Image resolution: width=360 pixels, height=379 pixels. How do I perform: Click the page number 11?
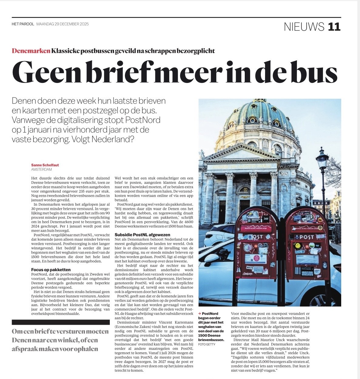point(334,27)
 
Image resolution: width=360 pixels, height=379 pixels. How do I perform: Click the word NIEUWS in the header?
point(304,27)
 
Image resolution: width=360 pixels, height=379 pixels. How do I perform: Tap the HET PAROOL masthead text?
point(23,24)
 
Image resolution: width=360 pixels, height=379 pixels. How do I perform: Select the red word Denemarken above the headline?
point(31,51)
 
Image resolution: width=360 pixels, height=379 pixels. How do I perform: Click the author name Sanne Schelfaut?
point(45,165)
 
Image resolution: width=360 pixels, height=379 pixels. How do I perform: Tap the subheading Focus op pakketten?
point(51,269)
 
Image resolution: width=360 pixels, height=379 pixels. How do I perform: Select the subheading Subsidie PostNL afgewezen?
point(142,235)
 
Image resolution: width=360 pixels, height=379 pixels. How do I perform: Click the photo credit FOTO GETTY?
point(207,344)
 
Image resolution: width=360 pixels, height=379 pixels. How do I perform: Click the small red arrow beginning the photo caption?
point(200,313)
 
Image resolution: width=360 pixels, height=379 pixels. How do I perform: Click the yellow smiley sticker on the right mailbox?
point(298,245)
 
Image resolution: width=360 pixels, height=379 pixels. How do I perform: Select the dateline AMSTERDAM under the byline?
point(41,169)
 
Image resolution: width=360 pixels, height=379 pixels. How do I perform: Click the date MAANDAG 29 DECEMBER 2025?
point(62,24)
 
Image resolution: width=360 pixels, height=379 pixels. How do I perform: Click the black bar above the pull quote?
point(61,322)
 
